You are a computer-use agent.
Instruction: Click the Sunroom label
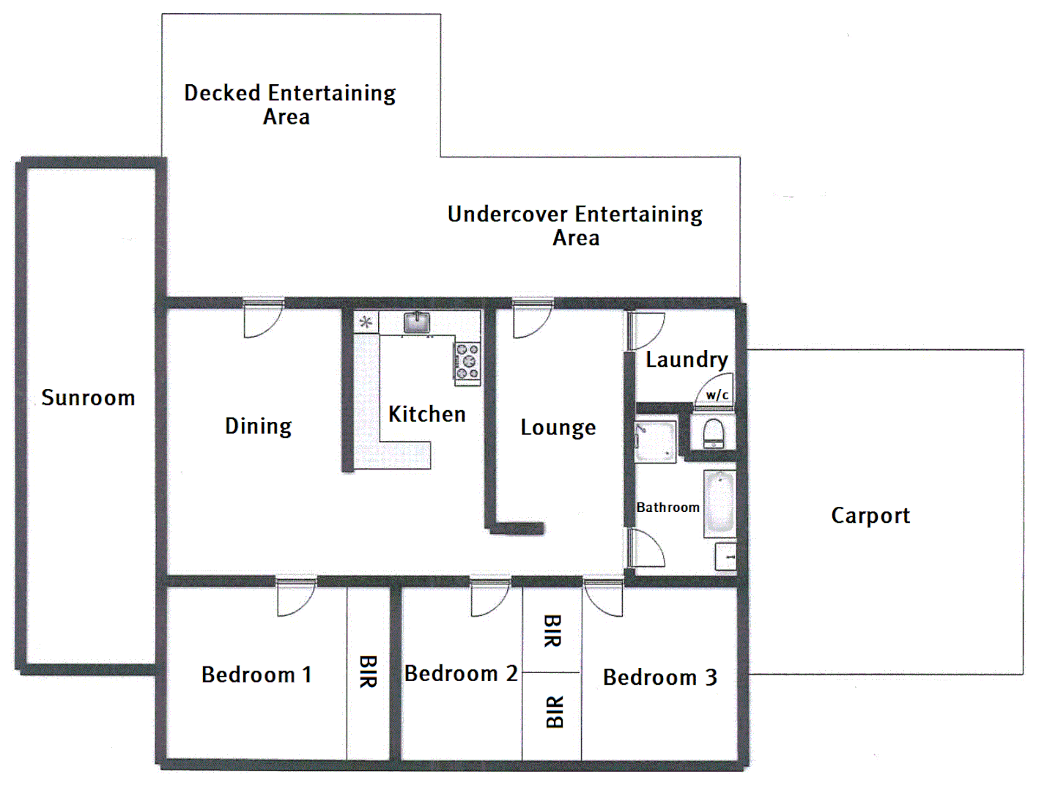point(88,398)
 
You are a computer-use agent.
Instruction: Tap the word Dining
point(258,426)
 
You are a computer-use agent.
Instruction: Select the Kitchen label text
point(426,415)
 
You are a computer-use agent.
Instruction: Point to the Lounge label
point(558,428)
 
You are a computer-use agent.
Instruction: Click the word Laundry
point(687,360)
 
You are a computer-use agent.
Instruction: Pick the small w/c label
point(717,395)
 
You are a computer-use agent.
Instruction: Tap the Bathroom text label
point(667,508)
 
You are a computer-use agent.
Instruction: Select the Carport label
point(870,516)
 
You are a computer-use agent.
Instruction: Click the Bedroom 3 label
point(659,677)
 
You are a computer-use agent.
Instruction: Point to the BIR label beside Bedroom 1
point(368,672)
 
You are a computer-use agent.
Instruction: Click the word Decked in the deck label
point(222,93)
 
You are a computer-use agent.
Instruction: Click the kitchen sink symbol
point(417,322)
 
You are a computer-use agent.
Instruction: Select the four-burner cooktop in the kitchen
point(467,363)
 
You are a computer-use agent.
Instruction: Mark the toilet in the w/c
point(713,433)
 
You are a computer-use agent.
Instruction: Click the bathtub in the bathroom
point(719,504)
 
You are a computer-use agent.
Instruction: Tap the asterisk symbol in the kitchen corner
point(366,322)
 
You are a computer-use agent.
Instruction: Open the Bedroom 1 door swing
point(295,596)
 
